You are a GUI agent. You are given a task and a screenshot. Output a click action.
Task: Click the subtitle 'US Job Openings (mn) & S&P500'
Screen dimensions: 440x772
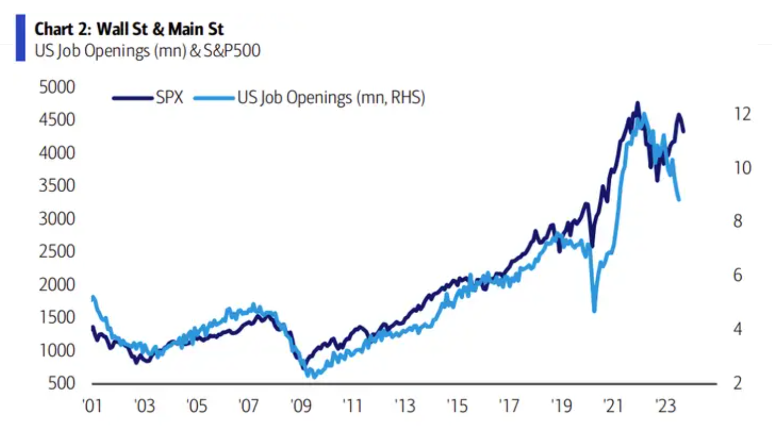coord(147,51)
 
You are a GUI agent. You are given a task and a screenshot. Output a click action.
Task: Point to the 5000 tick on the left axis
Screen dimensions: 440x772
coord(57,87)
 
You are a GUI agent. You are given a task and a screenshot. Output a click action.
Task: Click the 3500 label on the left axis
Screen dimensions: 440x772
coord(57,185)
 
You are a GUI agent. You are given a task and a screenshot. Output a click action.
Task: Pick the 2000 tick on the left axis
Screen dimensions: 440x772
coord(57,284)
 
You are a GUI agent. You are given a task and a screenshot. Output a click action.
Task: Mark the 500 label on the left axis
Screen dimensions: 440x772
coord(62,383)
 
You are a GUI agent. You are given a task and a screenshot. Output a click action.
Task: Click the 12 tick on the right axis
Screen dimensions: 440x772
coord(742,114)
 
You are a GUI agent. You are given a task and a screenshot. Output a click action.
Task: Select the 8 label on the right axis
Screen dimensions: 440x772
coord(738,221)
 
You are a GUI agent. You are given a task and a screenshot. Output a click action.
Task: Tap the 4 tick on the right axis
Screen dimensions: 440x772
coord(738,329)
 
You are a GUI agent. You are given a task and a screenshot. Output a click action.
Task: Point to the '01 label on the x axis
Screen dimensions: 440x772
coord(92,406)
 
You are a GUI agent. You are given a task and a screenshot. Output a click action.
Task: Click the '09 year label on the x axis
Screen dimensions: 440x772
coord(301,406)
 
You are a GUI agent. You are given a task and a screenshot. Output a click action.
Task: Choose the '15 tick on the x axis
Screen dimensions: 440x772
coord(457,406)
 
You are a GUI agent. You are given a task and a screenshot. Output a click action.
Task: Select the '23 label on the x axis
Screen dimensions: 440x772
coord(666,406)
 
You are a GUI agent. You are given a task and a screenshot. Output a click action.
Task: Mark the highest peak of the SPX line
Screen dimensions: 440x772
coord(637,103)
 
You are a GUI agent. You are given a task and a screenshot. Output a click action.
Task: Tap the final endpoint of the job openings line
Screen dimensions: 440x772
coord(679,200)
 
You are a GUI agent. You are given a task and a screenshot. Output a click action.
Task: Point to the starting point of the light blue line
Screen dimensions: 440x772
coord(92,297)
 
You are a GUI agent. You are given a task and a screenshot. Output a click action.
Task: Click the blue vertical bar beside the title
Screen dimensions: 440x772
coord(21,38)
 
